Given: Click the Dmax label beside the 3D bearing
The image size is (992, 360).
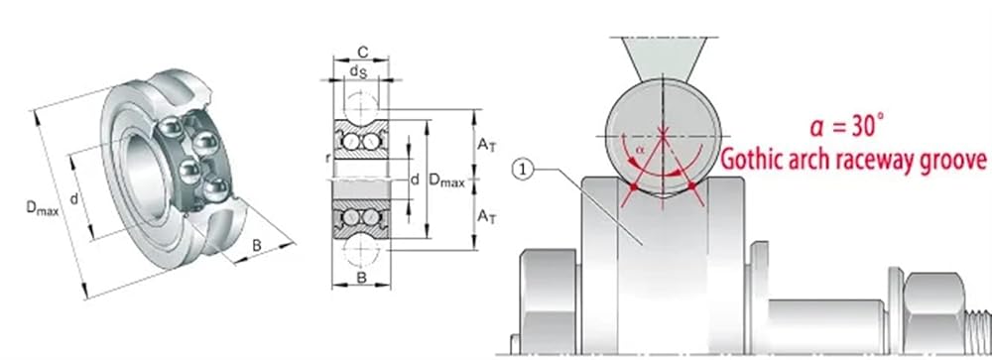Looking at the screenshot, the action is pyautogui.click(x=43, y=209).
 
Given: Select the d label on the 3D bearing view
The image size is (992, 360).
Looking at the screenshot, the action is pyautogui.click(x=74, y=199).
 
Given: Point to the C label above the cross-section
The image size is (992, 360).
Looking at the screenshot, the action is pyautogui.click(x=361, y=52).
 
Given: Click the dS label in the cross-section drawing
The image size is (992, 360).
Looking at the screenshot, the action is pyautogui.click(x=358, y=72).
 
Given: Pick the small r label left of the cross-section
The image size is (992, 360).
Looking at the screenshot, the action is pyautogui.click(x=327, y=158).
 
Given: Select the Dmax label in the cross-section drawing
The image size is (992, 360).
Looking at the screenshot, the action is pyautogui.click(x=447, y=180).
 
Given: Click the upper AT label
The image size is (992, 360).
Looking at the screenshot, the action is pyautogui.click(x=486, y=145).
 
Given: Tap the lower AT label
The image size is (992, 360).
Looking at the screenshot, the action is pyautogui.click(x=486, y=217).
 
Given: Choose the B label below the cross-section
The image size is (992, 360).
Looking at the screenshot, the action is pyautogui.click(x=361, y=277).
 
